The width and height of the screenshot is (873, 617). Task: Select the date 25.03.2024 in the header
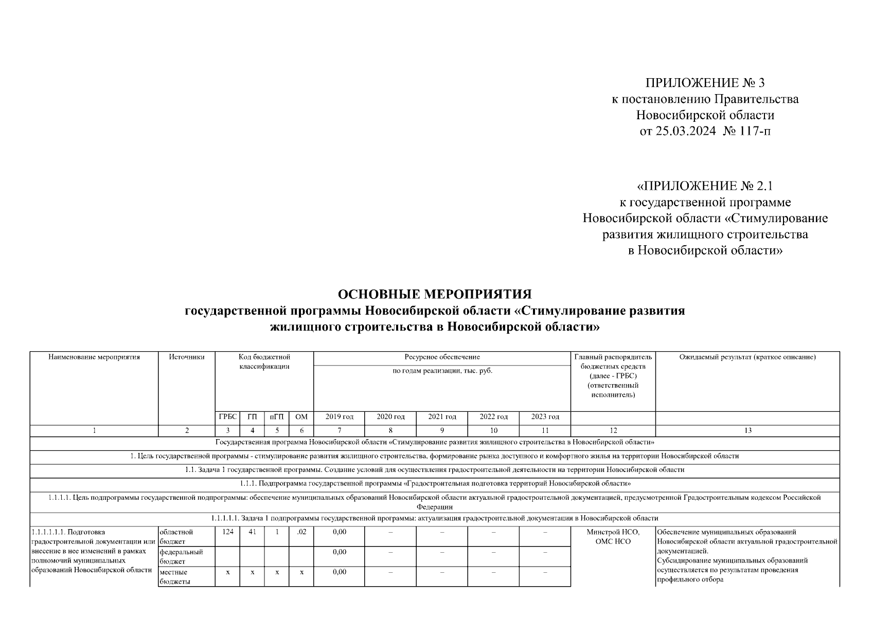[x=685, y=131]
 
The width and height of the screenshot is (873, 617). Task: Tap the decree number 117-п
[x=756, y=131]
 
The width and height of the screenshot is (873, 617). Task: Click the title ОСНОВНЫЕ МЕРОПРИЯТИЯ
[x=435, y=294]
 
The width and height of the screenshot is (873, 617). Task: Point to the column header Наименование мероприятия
[x=94, y=357]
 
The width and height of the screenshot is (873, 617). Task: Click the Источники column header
[x=187, y=357]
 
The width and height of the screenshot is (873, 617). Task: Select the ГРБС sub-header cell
[x=227, y=416]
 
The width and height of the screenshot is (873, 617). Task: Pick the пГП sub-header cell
[x=277, y=416]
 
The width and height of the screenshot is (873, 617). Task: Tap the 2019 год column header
[x=339, y=416]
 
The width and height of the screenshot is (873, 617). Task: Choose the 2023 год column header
[x=545, y=416]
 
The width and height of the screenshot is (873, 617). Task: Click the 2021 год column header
[x=442, y=416]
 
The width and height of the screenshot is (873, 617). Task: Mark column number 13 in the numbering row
[x=747, y=430]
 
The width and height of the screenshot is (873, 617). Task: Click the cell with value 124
[x=227, y=532]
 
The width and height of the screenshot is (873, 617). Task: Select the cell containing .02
[x=301, y=532]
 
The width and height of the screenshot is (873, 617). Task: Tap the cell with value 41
[x=252, y=532]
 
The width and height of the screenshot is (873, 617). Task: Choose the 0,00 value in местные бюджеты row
[x=339, y=572]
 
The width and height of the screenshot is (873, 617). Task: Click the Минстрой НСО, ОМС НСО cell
[x=613, y=537]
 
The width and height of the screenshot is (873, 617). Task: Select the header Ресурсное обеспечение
[x=442, y=357]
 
